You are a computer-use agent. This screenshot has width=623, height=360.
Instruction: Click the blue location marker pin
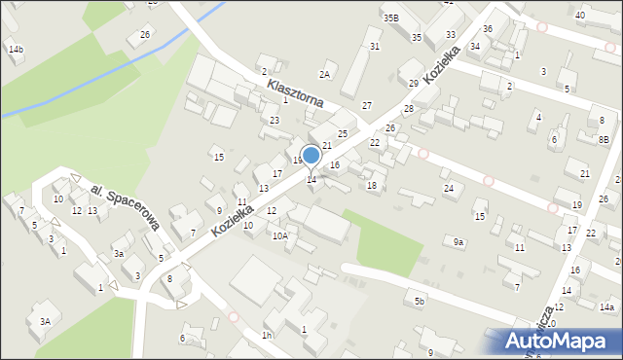tap(311, 156)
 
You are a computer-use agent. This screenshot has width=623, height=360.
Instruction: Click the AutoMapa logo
tap(562, 340)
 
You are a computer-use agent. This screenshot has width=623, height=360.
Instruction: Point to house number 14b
tap(15, 49)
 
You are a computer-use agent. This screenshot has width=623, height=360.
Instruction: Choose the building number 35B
tap(390, 18)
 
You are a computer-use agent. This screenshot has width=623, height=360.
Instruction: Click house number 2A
tap(325, 74)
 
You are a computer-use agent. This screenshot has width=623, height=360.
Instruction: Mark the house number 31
tap(375, 47)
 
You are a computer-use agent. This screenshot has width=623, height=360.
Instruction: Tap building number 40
tap(580, 16)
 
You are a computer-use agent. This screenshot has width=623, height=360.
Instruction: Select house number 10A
tap(280, 235)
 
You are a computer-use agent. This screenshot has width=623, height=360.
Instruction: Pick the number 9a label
tap(458, 241)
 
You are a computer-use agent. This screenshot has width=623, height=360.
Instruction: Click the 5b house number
tap(420, 302)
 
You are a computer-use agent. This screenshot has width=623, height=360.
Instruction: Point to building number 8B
tap(604, 140)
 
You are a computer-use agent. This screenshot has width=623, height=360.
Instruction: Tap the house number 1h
tap(266, 336)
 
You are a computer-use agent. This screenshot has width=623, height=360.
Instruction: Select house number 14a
tap(607, 307)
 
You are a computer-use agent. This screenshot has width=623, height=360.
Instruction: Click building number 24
tap(449, 188)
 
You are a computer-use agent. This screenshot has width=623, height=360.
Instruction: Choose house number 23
tap(275, 120)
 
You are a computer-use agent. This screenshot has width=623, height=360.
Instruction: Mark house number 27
tap(366, 105)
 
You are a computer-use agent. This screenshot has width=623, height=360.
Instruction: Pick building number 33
tap(450, 34)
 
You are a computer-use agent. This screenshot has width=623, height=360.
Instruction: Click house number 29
tap(413, 84)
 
